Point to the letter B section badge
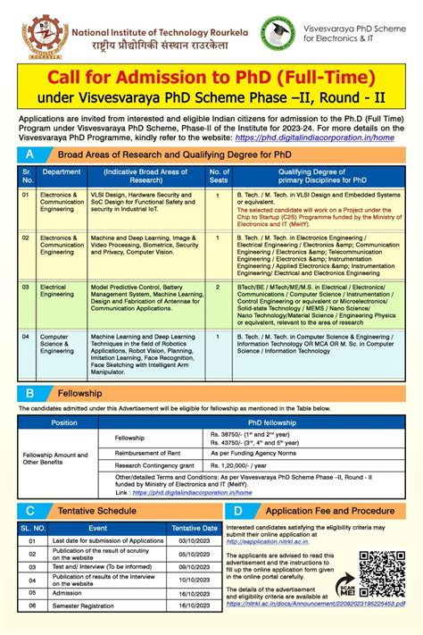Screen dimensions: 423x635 tap(30, 392)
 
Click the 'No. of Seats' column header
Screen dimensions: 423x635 tap(219, 175)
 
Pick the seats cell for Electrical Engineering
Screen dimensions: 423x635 tap(219, 288)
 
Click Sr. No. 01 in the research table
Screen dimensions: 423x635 tap(26, 193)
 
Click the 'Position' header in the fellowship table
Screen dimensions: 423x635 tap(64, 422)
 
